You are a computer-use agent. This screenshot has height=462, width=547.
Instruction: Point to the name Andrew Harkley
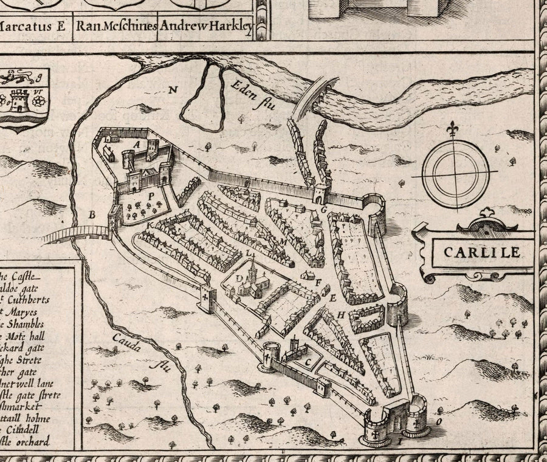pos(205,26)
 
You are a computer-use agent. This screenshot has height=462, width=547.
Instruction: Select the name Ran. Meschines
pos(116,26)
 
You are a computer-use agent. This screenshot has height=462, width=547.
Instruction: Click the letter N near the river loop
pos(173,90)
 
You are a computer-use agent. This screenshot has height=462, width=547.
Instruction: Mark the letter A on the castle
pos(137,144)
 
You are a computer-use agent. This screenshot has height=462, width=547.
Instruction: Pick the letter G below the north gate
pos(324,209)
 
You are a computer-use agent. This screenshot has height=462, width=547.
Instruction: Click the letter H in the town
pos(341,314)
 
